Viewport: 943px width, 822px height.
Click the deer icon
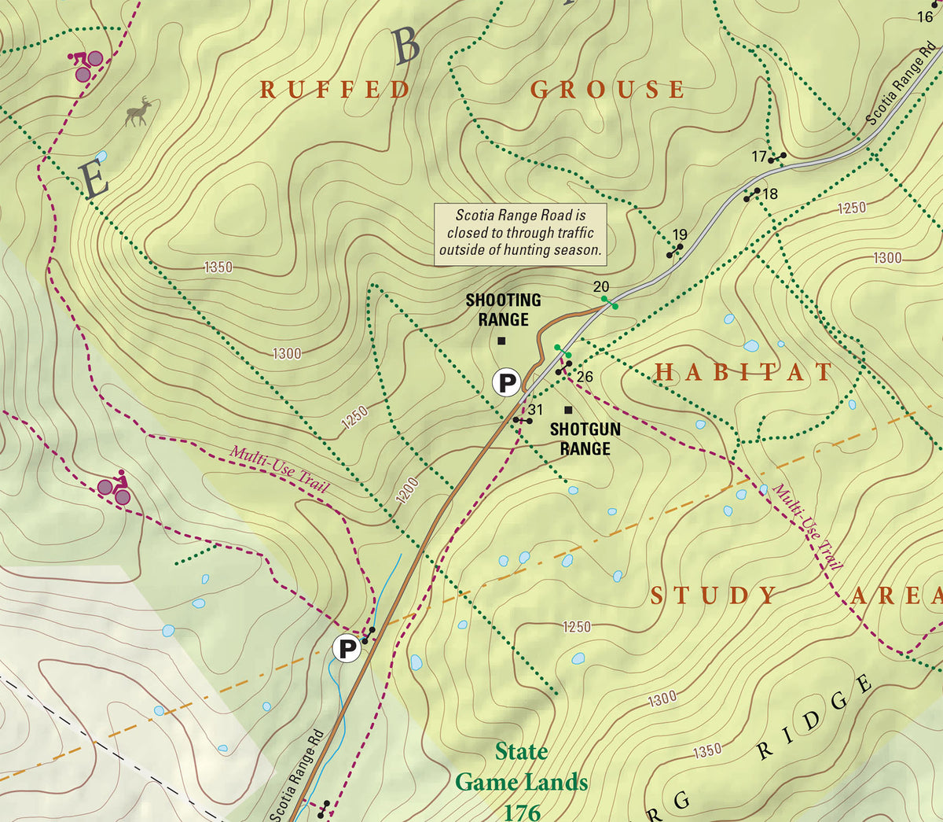coord(139,112)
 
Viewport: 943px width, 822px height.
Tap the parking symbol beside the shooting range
coord(507,383)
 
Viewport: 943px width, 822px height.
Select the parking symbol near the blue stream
coord(347,649)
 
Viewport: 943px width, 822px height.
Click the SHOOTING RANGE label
coord(503,310)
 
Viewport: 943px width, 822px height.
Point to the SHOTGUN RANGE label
coord(585,439)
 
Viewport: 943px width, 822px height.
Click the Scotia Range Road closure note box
coord(520,234)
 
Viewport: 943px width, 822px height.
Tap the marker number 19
coord(680,234)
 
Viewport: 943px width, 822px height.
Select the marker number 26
coord(585,378)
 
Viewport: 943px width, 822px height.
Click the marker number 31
coord(535,410)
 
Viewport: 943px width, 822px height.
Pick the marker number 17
coord(758,157)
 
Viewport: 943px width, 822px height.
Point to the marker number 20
coord(601,287)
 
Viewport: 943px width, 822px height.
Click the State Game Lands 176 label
coord(521,782)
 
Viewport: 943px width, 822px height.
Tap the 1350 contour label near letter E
coord(218,267)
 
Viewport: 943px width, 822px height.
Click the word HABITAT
coord(743,372)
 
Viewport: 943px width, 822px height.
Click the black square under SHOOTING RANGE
coord(501,341)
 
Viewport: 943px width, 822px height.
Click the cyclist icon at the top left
coord(86,65)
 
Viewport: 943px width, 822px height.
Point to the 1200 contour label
coord(407,491)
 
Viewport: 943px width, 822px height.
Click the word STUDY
coord(714,595)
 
